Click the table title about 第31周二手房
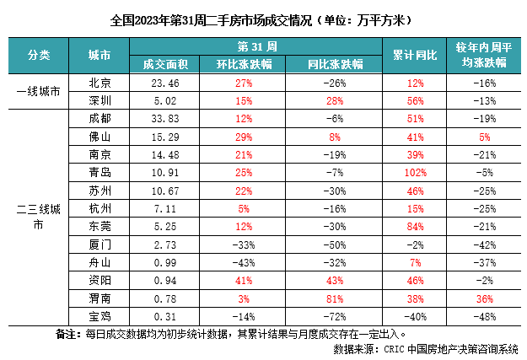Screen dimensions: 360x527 [x=262, y=18]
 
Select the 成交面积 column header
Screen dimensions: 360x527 [x=160, y=63]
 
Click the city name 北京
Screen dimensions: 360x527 [x=100, y=83]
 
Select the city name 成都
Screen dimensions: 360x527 [x=100, y=118]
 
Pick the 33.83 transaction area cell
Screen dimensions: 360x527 [x=160, y=118]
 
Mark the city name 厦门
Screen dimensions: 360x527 [x=100, y=244]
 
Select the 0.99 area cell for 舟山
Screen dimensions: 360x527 [x=160, y=262]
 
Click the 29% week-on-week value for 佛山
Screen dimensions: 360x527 [x=245, y=136]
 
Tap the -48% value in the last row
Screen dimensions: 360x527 [x=483, y=315]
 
